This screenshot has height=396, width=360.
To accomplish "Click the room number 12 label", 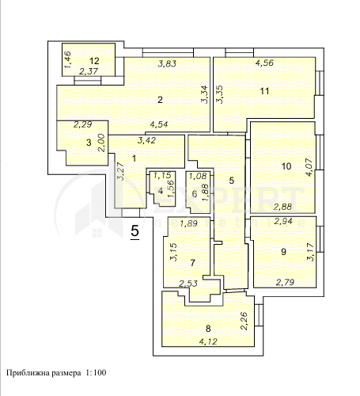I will click(94, 61).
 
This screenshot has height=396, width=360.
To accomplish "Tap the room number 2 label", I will click(160, 100).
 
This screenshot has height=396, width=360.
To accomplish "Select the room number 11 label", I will click(264, 90).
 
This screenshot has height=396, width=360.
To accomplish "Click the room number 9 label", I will click(283, 252).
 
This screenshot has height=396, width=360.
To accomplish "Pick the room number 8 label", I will click(208, 329).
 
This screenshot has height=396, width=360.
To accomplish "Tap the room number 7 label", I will click(191, 261).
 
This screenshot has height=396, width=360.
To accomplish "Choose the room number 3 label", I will click(89, 143).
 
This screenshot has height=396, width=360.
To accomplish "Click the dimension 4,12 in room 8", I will click(208, 341).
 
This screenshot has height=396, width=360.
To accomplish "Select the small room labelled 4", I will click(161, 190).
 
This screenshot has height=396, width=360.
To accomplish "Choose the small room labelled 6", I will click(195, 193).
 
